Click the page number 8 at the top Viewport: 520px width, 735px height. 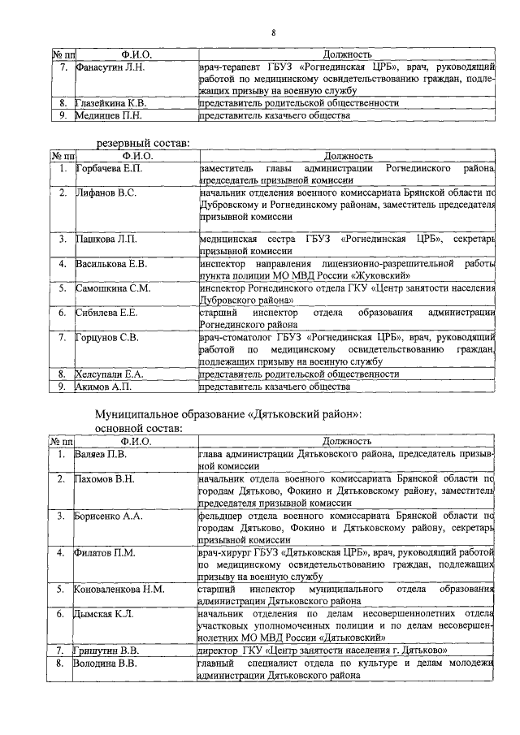tap(274, 32)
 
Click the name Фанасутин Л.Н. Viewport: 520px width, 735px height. tap(110, 67)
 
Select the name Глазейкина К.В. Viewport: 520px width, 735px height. tap(112, 104)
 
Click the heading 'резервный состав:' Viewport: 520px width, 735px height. tap(143, 143)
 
